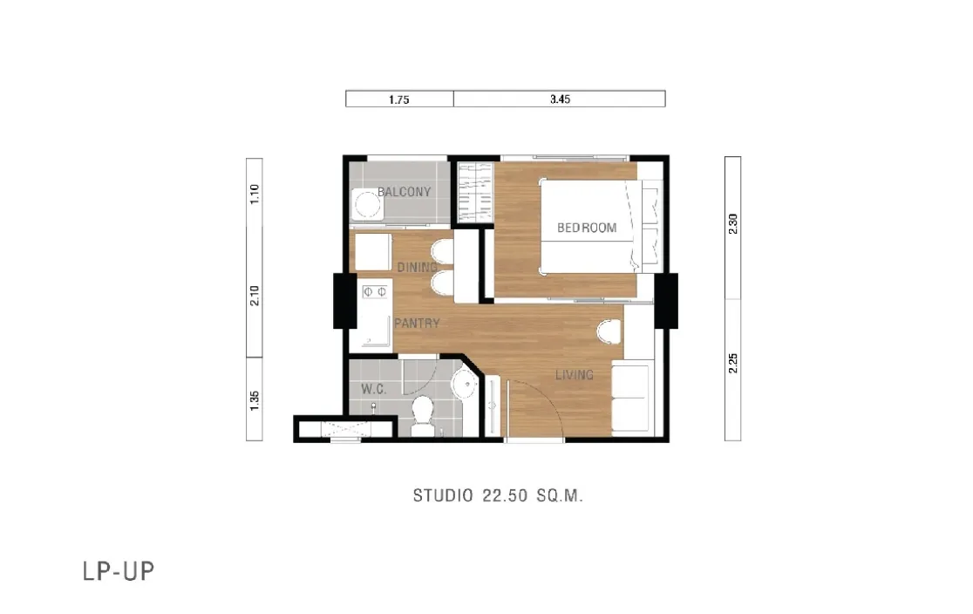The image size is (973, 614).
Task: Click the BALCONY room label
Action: click(x=404, y=192)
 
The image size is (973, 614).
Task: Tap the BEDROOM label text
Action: click(x=587, y=228)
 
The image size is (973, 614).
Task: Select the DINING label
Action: click(x=417, y=267)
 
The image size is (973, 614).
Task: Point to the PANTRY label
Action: click(x=417, y=323)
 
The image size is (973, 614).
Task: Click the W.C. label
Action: click(x=373, y=389)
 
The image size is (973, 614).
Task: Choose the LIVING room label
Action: click(x=574, y=374)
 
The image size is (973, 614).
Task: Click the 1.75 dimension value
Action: click(x=399, y=99)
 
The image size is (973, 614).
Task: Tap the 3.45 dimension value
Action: click(x=560, y=99)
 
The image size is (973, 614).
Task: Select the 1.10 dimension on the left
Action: click(x=255, y=194)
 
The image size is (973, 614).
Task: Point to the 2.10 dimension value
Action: click(x=255, y=295)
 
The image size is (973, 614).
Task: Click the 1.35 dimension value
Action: click(x=255, y=400)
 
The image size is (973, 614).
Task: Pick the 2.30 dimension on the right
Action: click(x=733, y=223)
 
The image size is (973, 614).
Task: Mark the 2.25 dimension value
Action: click(x=733, y=363)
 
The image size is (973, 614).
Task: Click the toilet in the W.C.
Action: click(x=423, y=415)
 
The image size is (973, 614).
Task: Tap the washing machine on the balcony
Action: click(x=366, y=204)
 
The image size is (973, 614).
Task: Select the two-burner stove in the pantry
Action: click(x=374, y=291)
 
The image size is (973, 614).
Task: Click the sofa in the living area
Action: click(x=631, y=399)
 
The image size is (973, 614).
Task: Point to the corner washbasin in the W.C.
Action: click(x=465, y=384)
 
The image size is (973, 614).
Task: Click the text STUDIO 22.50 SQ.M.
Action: click(x=499, y=495)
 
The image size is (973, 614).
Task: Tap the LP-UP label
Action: click(x=119, y=571)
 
